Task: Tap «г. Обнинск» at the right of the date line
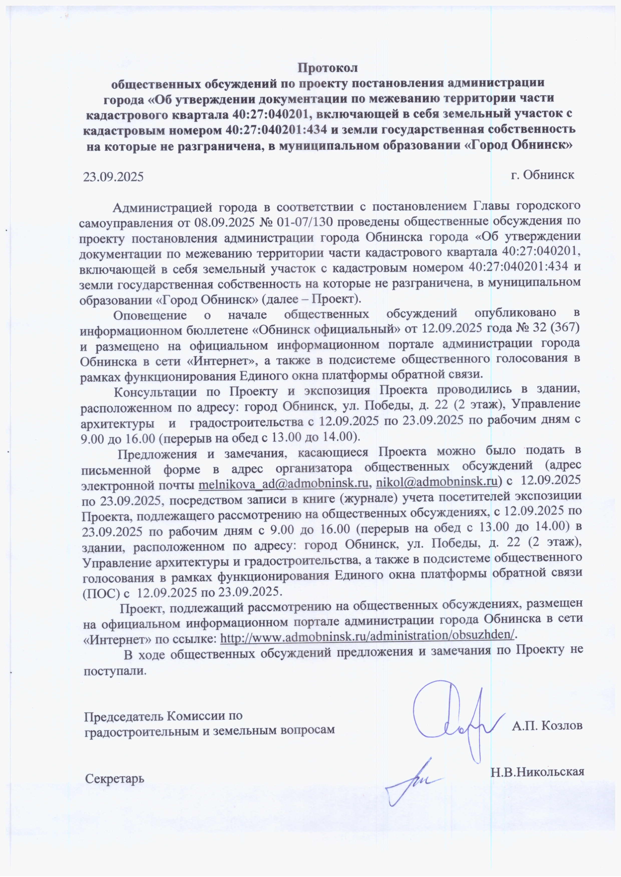click(x=542, y=175)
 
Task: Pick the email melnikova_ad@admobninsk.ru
click(x=284, y=483)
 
